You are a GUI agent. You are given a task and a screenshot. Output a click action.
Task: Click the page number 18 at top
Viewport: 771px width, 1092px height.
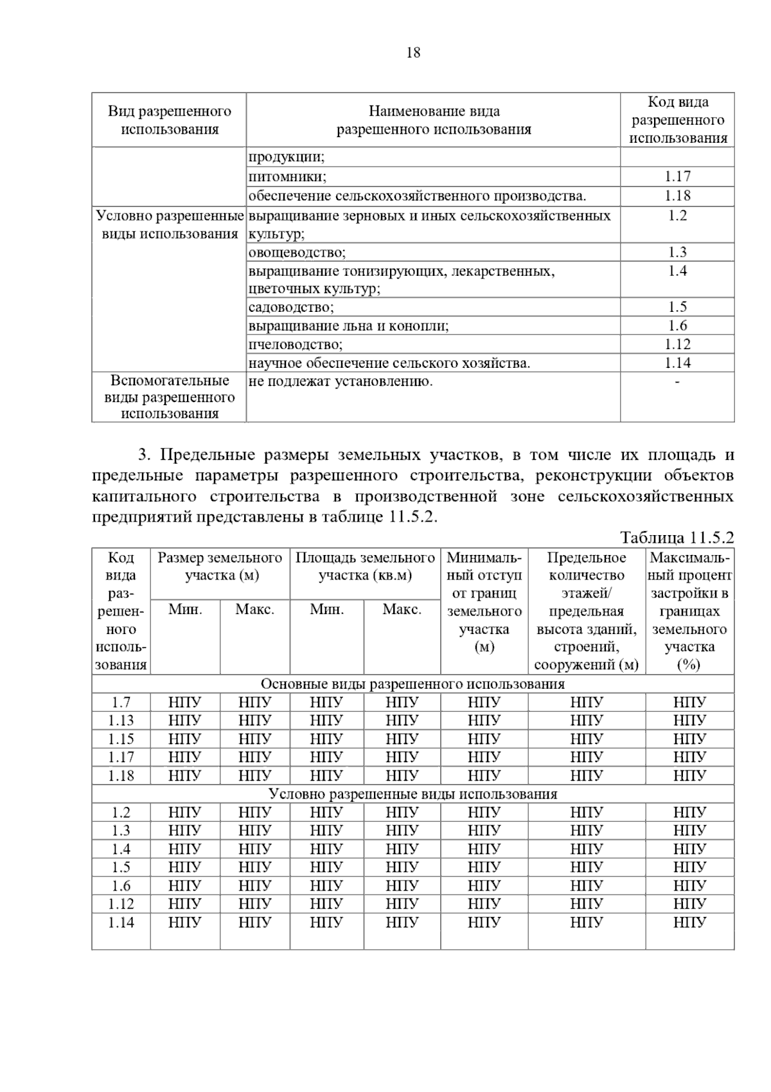(413, 53)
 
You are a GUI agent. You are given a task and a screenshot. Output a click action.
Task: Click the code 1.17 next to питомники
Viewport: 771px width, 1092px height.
(677, 176)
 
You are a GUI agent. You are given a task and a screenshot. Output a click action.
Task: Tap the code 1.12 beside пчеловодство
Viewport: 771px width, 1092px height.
(677, 344)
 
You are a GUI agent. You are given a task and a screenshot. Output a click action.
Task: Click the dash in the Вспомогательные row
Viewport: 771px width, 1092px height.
(677, 382)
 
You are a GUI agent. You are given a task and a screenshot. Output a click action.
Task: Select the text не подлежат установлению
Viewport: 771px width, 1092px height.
(341, 381)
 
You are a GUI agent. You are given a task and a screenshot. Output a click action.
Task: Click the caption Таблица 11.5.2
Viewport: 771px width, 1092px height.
(677, 538)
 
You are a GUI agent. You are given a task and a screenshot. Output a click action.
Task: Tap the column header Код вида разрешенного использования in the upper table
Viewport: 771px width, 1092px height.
(677, 120)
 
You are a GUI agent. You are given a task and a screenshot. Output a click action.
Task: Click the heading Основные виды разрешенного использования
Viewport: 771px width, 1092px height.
(412, 684)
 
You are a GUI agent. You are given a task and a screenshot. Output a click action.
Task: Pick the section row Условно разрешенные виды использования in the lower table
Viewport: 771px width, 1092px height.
(412, 794)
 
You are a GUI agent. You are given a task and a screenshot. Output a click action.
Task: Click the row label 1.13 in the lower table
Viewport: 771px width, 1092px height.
(121, 720)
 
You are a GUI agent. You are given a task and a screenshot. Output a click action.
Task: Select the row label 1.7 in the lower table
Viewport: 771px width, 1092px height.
(121, 702)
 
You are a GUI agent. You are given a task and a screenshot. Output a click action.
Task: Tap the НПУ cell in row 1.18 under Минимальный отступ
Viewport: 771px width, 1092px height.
(484, 776)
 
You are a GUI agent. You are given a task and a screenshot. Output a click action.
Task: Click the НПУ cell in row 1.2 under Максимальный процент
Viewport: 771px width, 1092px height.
(689, 812)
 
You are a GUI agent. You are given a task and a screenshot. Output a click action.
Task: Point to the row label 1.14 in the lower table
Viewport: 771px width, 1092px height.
(121, 922)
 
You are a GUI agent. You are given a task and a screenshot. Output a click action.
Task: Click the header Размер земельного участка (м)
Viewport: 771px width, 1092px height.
(220, 567)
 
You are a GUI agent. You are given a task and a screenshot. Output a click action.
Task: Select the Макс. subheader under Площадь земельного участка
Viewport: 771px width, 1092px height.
(402, 610)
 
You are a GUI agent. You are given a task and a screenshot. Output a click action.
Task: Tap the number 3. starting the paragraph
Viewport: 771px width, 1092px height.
(145, 455)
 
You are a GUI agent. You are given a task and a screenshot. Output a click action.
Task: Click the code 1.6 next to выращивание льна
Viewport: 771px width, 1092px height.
(677, 325)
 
